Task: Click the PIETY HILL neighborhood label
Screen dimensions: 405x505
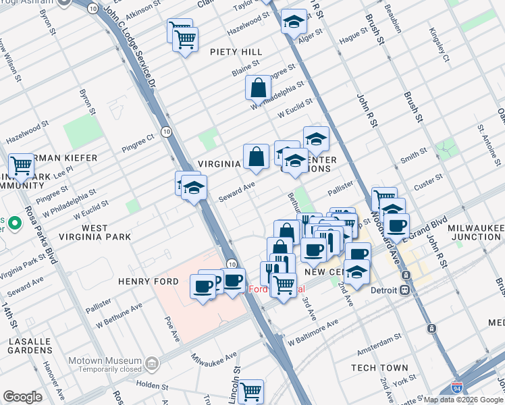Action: pyautogui.click(x=236, y=52)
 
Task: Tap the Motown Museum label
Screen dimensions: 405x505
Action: pyautogui.click(x=109, y=360)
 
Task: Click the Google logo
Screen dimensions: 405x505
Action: pyautogui.click(x=22, y=397)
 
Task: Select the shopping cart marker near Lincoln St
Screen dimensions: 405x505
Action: pyautogui.click(x=250, y=390)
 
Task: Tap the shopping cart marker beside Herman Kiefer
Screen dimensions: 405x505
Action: pyautogui.click(x=21, y=165)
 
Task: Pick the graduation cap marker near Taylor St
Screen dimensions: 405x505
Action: pyautogui.click(x=294, y=20)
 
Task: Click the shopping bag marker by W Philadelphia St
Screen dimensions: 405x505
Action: pyautogui.click(x=258, y=88)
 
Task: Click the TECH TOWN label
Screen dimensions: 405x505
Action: pyautogui.click(x=379, y=367)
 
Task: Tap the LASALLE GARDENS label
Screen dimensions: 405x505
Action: pyautogui.click(x=30, y=346)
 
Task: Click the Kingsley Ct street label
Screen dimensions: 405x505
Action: pyautogui.click(x=436, y=46)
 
